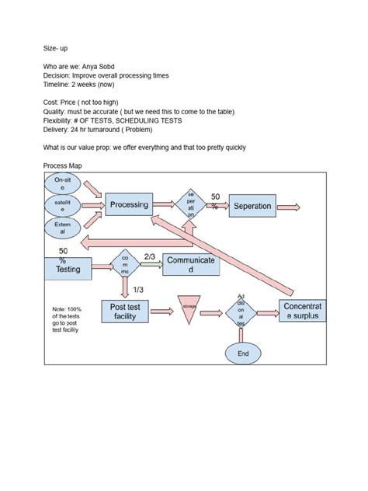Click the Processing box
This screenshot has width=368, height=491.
click(x=129, y=205)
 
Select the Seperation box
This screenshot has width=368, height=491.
click(x=252, y=206)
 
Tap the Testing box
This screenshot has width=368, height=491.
click(x=68, y=270)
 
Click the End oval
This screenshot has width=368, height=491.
click(x=243, y=353)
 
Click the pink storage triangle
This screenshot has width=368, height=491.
click(x=190, y=308)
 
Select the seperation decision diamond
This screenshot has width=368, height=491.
click(x=190, y=205)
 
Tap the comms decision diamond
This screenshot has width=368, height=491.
click(x=125, y=265)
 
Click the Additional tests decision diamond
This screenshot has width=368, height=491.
click(x=242, y=311)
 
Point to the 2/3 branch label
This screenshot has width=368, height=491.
click(x=151, y=256)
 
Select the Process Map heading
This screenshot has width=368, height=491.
click(x=64, y=167)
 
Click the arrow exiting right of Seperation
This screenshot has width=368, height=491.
click(x=289, y=206)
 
